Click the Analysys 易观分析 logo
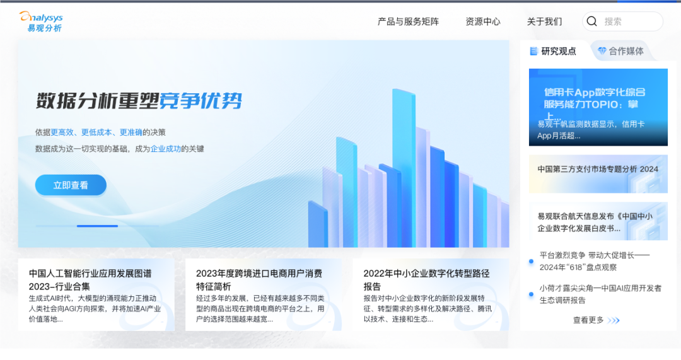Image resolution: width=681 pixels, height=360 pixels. click(41, 21)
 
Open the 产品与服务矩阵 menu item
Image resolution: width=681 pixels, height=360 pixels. click(408, 21)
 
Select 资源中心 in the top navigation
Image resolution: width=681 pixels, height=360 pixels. click(483, 21)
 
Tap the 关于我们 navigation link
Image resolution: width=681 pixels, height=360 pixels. click(544, 21)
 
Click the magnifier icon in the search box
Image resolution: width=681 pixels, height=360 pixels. click(591, 21)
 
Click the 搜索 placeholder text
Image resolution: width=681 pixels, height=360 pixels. click(614, 21)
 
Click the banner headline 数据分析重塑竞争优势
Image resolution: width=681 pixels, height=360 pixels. click(139, 101)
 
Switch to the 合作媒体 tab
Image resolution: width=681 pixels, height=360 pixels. click(626, 51)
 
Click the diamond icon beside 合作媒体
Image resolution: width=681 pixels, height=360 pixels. click(602, 51)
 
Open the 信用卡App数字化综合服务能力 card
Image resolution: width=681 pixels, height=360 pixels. click(598, 107)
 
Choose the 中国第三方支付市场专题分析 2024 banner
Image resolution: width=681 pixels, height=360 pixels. click(598, 169)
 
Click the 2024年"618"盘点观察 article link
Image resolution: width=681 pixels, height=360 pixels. click(595, 261)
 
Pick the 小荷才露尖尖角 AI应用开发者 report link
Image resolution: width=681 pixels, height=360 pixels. click(600, 294)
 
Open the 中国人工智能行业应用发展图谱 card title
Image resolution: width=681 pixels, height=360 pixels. click(90, 279)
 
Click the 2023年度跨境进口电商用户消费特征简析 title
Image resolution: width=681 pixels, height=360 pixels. click(259, 279)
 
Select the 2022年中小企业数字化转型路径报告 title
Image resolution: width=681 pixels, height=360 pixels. click(426, 279)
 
